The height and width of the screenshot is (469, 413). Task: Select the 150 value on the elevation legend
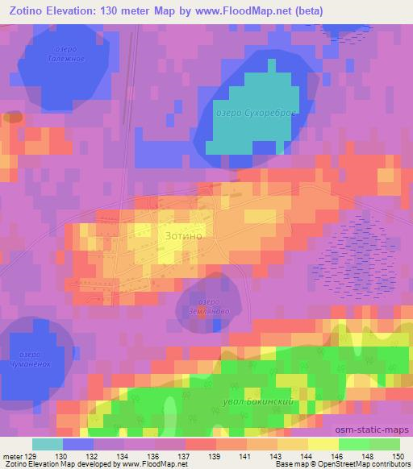tap(398, 456)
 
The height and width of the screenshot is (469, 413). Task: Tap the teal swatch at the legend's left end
tap(48, 444)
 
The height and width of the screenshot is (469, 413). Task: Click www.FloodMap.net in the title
tap(252, 10)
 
